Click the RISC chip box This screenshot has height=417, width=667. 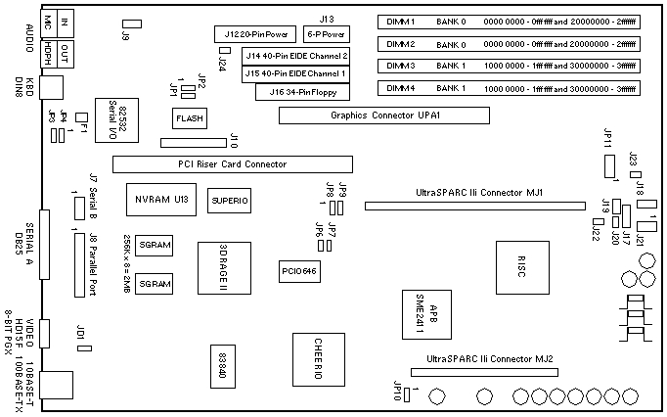tap(519, 265)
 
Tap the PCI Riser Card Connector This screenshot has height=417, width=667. tap(232, 164)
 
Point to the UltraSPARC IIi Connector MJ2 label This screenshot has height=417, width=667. tap(483, 359)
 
